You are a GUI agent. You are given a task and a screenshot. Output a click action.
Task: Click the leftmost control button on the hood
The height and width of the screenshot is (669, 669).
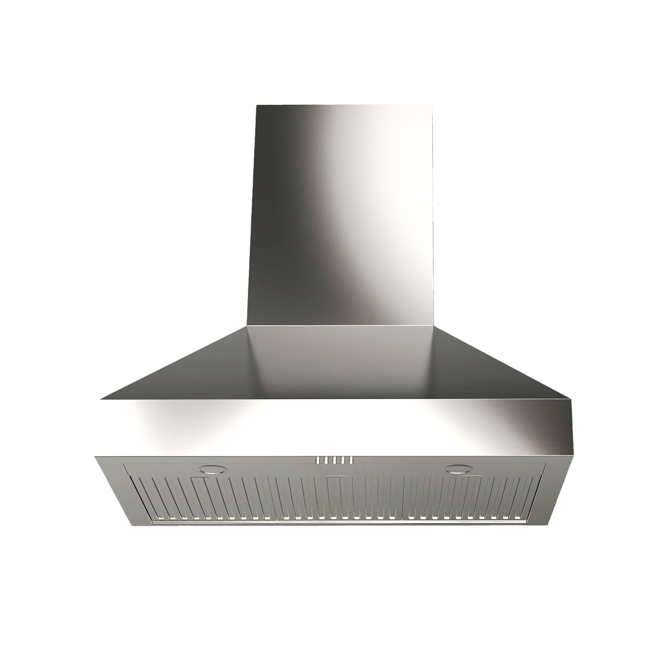tap(318, 447)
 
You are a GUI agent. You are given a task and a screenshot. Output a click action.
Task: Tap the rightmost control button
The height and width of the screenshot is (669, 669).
tap(351, 447)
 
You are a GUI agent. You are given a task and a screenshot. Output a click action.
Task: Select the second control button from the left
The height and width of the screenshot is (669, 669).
tap(326, 447)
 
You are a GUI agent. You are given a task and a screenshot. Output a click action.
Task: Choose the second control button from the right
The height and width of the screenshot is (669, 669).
tap(343, 447)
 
